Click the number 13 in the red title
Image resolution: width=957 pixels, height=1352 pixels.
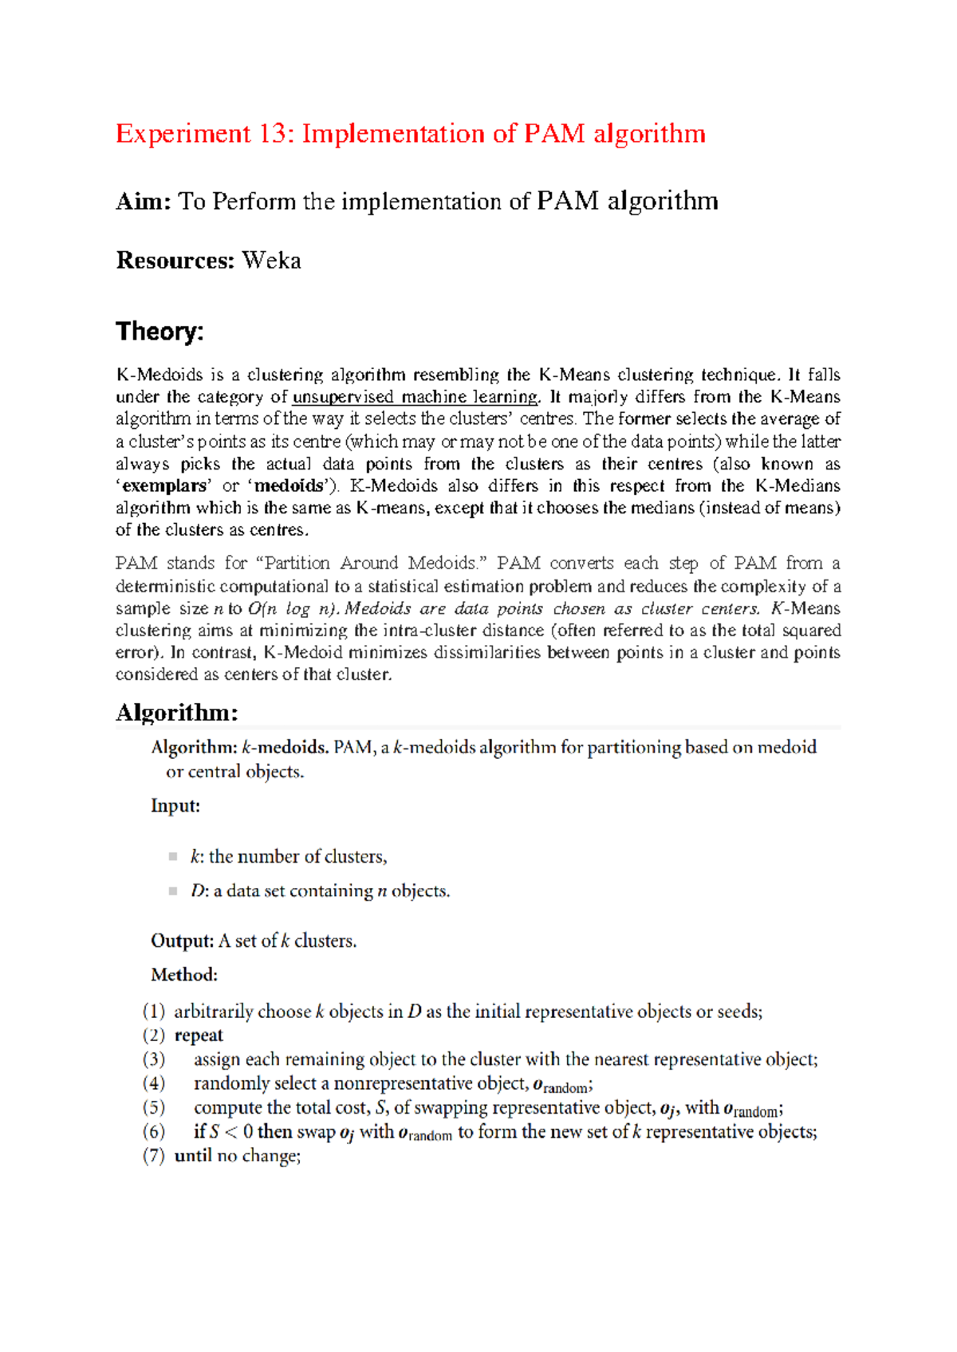tap(273, 133)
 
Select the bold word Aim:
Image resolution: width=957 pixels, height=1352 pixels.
tap(144, 201)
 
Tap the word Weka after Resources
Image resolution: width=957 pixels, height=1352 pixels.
tap(271, 261)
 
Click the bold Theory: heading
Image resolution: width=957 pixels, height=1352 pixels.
tap(159, 331)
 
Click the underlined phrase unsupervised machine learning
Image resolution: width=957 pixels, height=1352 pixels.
tap(415, 397)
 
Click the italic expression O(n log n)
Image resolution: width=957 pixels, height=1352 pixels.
tap(292, 608)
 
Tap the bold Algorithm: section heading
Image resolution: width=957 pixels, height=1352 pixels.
tap(177, 712)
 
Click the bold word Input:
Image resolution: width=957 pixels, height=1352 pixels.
tap(175, 806)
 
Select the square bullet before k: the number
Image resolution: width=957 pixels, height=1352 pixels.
tap(173, 857)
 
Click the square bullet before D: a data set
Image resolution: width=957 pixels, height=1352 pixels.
tap(173, 891)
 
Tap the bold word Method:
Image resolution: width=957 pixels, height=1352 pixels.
tap(184, 975)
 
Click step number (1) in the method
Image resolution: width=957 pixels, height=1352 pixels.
tap(154, 1012)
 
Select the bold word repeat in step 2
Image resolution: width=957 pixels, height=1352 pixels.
tap(199, 1036)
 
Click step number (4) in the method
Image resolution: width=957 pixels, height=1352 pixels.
tap(154, 1083)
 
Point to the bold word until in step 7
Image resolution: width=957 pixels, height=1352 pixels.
tap(193, 1156)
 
